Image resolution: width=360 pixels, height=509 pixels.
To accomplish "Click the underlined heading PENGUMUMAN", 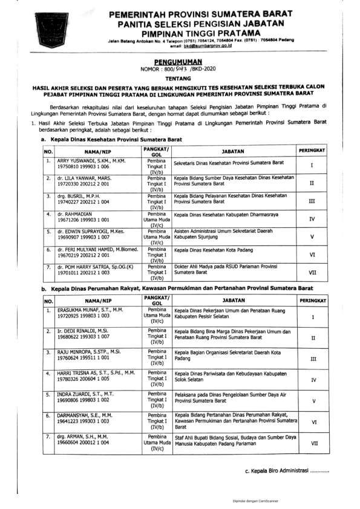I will coord(180,62).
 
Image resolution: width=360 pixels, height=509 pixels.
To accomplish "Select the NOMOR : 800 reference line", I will coord(180,69).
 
